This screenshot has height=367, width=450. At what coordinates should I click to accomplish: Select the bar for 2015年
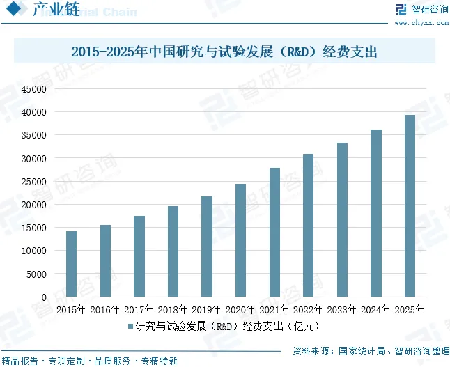pyautogui.click(x=71, y=264)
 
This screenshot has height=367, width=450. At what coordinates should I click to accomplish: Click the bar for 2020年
pyautogui.click(x=240, y=240)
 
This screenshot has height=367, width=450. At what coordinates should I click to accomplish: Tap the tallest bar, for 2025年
pyautogui.click(x=410, y=205)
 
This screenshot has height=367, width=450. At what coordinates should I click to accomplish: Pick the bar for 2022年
pyautogui.click(x=308, y=225)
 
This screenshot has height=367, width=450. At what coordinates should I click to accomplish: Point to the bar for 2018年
pyautogui.click(x=173, y=251)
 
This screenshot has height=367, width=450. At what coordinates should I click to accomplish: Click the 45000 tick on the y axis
pyautogui.click(x=34, y=89)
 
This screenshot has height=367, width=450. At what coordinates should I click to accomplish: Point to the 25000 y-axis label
pyautogui.click(x=34, y=182)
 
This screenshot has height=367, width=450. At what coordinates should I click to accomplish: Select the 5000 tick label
pyautogui.click(x=36, y=274)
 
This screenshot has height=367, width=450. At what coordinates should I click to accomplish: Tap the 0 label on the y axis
pyautogui.click(x=44, y=297)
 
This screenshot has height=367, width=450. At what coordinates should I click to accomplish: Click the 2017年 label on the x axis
pyautogui.click(x=139, y=310)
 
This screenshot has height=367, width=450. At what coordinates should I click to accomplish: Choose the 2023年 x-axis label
pyautogui.click(x=342, y=310)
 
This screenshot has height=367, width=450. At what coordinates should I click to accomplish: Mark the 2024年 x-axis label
pyautogui.click(x=375, y=310)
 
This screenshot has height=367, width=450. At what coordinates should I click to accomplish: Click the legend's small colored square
pyautogui.click(x=130, y=326)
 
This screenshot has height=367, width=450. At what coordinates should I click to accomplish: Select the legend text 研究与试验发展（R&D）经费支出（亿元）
pyautogui.click(x=227, y=326)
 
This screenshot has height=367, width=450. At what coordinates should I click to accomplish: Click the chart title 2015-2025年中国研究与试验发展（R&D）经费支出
pyautogui.click(x=224, y=52)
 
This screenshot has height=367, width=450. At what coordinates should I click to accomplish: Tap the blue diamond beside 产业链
pyautogui.click(x=13, y=8)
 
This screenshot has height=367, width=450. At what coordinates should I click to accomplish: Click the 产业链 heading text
pyautogui.click(x=56, y=9)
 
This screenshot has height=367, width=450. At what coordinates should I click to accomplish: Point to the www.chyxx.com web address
pyautogui.click(x=421, y=23)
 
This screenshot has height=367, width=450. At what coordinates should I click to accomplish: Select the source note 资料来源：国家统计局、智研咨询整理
pyautogui.click(x=371, y=351)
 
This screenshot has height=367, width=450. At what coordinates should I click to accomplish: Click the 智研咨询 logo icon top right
pyautogui.click(x=401, y=9)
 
